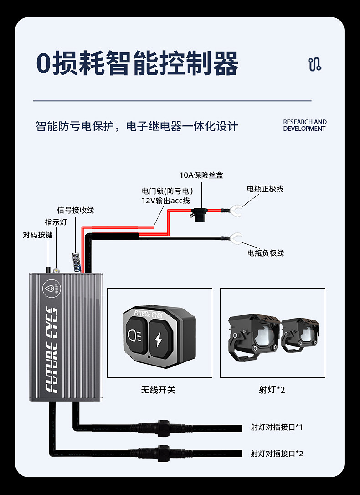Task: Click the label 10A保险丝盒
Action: pos(201,175)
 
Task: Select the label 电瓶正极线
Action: pos(265,189)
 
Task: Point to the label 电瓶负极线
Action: pos(265,253)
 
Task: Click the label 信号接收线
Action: pos(75,210)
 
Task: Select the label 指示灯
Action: pos(56,222)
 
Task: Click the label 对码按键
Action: pos(37,235)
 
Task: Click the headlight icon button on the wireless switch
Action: pos(136,335)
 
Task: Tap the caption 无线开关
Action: pos(158,390)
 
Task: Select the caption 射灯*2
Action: pos(272,390)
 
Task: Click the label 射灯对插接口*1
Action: pos(277,427)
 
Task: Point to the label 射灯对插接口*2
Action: pos(277,454)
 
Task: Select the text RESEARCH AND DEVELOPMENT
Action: pos(305,125)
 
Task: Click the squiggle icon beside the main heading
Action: pos(314,64)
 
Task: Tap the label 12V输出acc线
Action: pos(165,201)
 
